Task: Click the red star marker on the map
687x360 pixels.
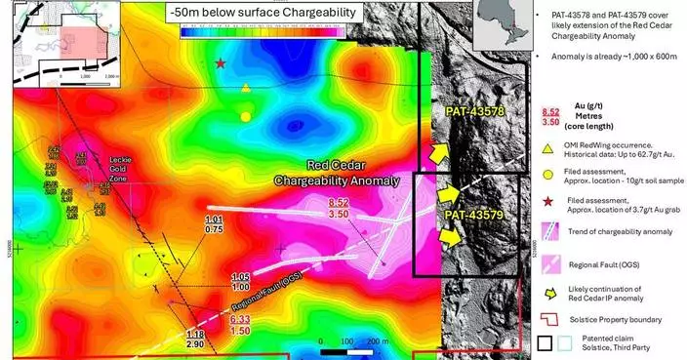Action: click(x=222, y=63)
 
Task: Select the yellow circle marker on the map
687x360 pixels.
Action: click(x=245, y=116)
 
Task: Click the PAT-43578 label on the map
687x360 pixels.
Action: click(x=473, y=112)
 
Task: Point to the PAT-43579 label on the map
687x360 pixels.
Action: click(x=473, y=214)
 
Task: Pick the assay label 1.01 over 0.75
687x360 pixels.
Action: click(x=216, y=224)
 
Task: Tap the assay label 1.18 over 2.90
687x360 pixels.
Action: click(x=194, y=340)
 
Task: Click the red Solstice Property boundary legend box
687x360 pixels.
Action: click(x=552, y=320)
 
